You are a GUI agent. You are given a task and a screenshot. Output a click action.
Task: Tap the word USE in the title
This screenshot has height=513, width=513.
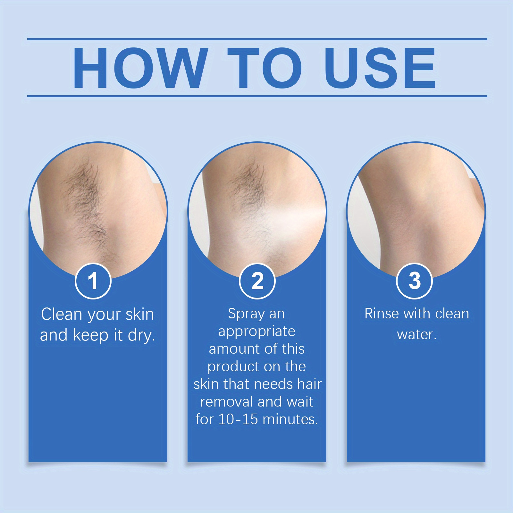380,68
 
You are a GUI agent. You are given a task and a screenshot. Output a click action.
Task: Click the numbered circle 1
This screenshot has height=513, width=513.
93,281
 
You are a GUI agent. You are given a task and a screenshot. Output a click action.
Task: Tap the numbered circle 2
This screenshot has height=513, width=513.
257,281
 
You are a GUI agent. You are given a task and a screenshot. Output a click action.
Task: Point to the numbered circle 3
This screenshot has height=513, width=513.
415,281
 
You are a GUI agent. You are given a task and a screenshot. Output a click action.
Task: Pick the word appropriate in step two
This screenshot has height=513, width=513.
256,332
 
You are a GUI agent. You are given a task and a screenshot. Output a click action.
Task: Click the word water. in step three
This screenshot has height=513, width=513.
416,335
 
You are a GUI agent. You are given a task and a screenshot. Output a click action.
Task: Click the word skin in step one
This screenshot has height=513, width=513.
139,314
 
